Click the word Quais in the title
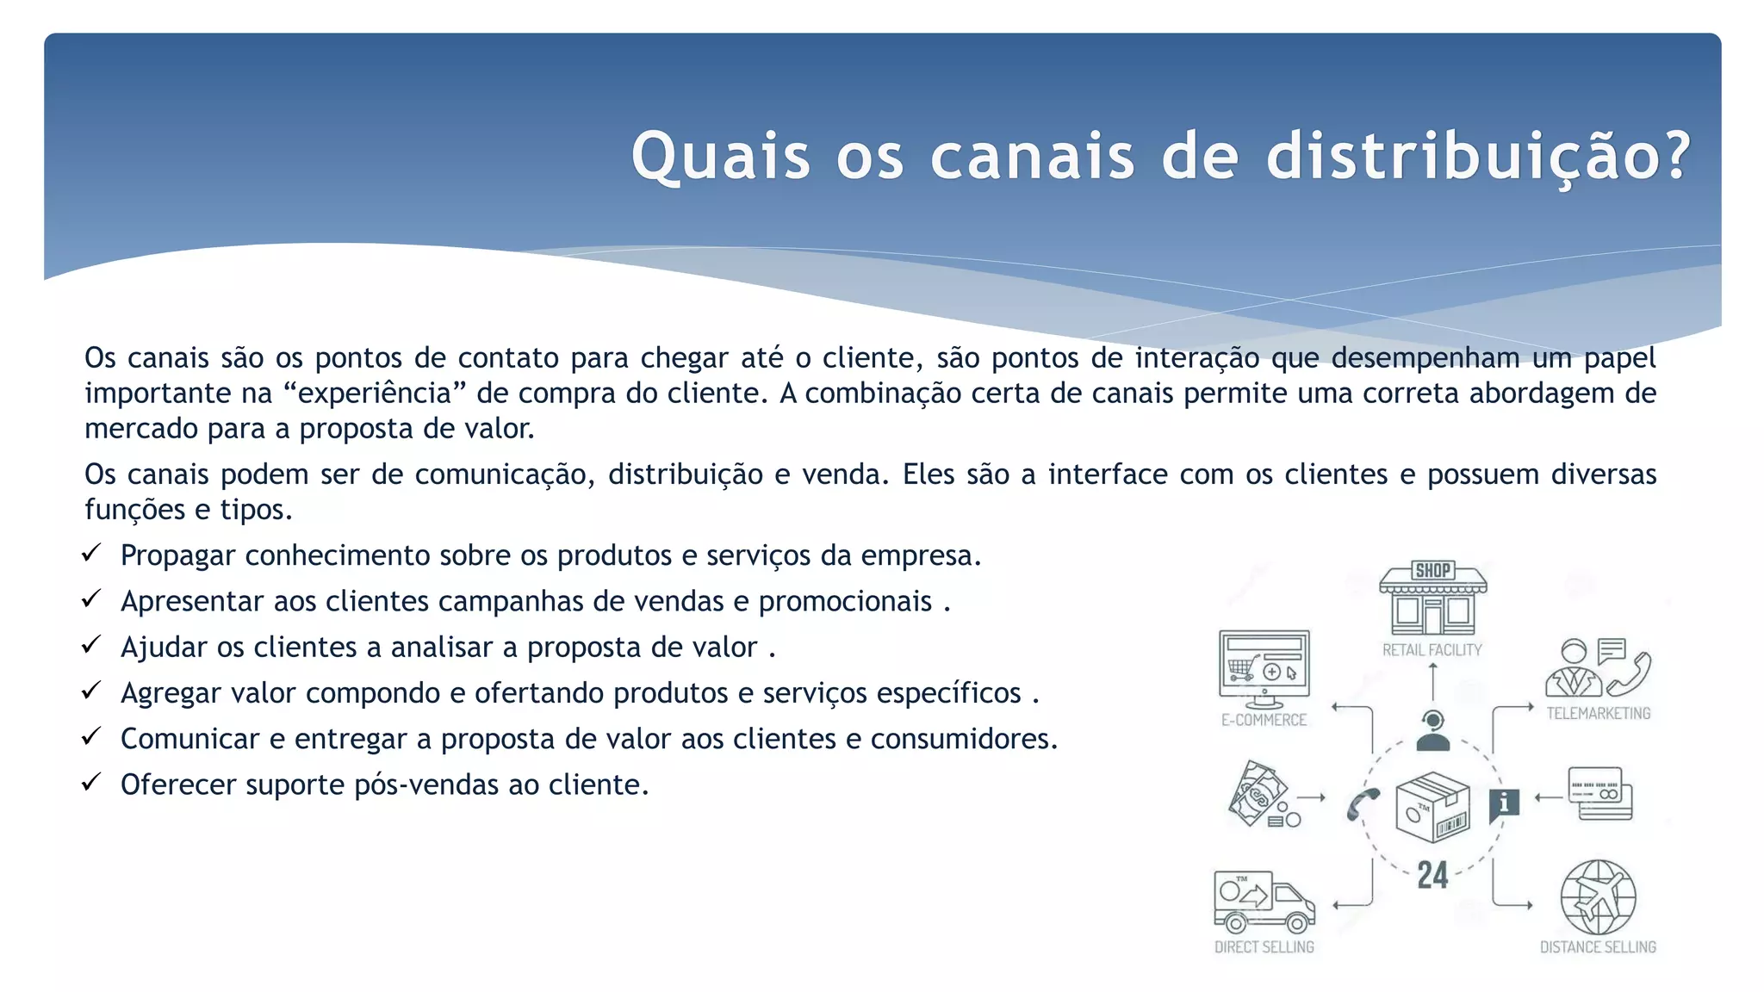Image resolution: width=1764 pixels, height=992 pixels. coord(720,157)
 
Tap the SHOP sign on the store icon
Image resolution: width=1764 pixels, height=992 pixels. coord(1433,570)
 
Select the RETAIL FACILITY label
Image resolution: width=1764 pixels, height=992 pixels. coord(1432,650)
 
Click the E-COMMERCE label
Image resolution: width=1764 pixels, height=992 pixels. coord(1264,720)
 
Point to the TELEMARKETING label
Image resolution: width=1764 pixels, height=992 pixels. coord(1599,713)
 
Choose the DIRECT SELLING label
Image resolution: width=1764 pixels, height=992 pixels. coord(1264,947)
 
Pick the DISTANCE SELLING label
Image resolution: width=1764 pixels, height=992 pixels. coord(1598,947)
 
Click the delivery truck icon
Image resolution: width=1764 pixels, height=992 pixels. coord(1264,902)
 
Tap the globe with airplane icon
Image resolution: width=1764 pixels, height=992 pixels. coord(1598,896)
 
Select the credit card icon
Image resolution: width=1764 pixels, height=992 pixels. coord(1600,793)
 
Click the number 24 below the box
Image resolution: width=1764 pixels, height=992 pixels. coord(1432,876)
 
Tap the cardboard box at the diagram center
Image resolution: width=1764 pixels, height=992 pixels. coord(1432,807)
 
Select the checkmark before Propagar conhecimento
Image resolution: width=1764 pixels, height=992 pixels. coord(91,553)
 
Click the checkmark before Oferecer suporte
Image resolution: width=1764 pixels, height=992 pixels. coord(91,782)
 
